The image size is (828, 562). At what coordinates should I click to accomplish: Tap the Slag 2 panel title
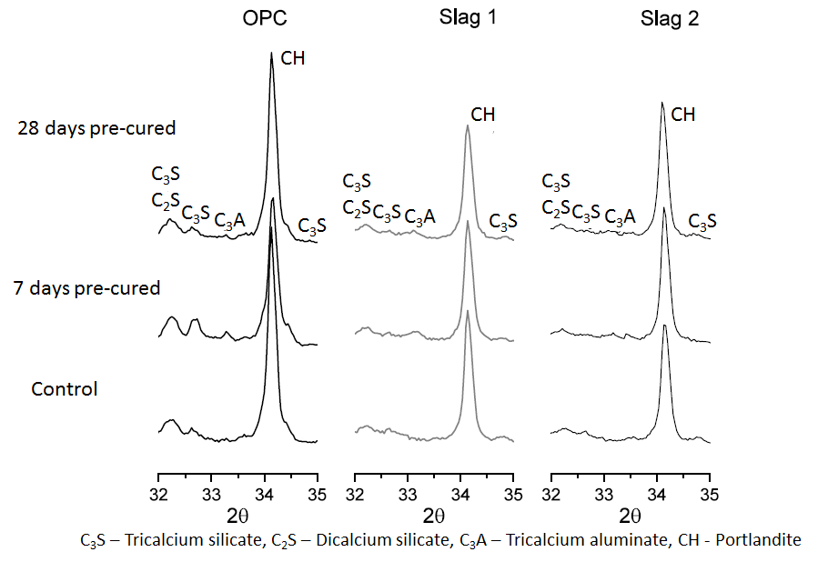coord(669,20)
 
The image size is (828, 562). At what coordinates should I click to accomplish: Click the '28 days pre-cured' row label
coord(96,128)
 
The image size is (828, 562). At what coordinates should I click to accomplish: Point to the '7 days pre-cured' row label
coord(87,288)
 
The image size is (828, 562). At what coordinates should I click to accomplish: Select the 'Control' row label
coord(64,389)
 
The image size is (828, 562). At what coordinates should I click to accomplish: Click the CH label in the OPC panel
coord(293,59)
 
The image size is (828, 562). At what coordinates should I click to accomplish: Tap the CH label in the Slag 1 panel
coord(483,115)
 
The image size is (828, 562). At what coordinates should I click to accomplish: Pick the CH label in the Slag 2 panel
coord(682,115)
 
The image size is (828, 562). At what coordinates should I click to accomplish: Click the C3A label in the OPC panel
coord(229,221)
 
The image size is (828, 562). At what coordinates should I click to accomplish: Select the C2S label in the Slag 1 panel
coord(357,209)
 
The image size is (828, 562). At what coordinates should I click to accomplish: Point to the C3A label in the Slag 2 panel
coord(620,216)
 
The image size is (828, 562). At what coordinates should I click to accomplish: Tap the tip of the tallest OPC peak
coord(272,53)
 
